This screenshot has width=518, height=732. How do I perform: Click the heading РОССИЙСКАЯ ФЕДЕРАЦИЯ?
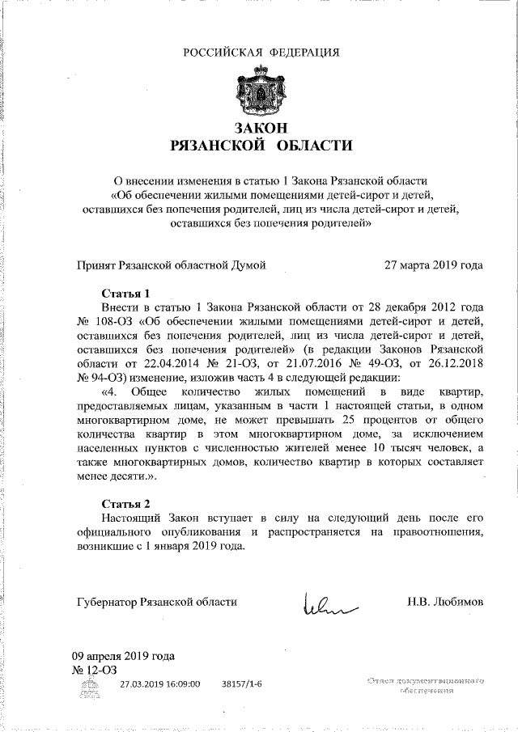click(x=261, y=53)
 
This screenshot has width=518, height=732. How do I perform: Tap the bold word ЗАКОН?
click(x=261, y=128)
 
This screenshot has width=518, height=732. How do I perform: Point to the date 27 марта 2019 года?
click(x=434, y=264)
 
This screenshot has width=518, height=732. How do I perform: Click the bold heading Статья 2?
click(x=126, y=503)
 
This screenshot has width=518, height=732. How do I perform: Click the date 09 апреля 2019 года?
click(x=123, y=656)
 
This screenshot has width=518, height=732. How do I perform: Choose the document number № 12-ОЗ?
click(x=95, y=670)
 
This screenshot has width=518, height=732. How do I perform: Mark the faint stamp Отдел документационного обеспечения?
click(x=425, y=687)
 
